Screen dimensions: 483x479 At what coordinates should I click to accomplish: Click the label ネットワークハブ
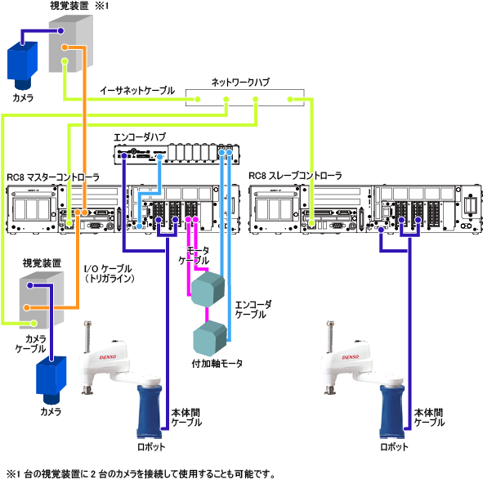pos(240,83)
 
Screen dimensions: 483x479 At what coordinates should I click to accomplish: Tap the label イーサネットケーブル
pos(137,91)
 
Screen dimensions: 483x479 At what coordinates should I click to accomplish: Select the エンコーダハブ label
pos(140,137)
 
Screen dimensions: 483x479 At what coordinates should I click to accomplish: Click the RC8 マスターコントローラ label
pos(53,177)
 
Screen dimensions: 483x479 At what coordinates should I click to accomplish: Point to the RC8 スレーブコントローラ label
pos(295,176)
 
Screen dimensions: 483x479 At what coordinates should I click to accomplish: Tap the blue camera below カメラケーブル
pos(51,380)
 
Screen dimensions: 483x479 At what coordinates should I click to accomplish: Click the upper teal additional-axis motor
pos(208,289)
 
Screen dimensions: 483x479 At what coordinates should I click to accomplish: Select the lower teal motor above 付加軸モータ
pos(210,338)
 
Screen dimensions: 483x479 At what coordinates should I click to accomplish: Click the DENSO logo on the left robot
pos(108,357)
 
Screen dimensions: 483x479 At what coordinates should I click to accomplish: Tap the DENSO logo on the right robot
pos(351,357)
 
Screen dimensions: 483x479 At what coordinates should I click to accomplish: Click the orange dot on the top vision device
pos(65,47)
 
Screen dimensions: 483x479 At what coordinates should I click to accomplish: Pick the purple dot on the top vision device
pos(60,31)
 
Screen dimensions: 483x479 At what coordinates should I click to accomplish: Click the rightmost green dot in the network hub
pos(290,99)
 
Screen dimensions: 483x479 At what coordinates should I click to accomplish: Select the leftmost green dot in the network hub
pos(198,99)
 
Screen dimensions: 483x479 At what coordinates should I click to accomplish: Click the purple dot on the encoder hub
pos(124,156)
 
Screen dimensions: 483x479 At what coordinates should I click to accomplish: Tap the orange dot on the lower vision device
pos(27,307)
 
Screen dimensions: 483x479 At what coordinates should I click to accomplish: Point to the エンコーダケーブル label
pos(253,310)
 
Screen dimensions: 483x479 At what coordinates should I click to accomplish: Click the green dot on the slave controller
pos(311,223)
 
